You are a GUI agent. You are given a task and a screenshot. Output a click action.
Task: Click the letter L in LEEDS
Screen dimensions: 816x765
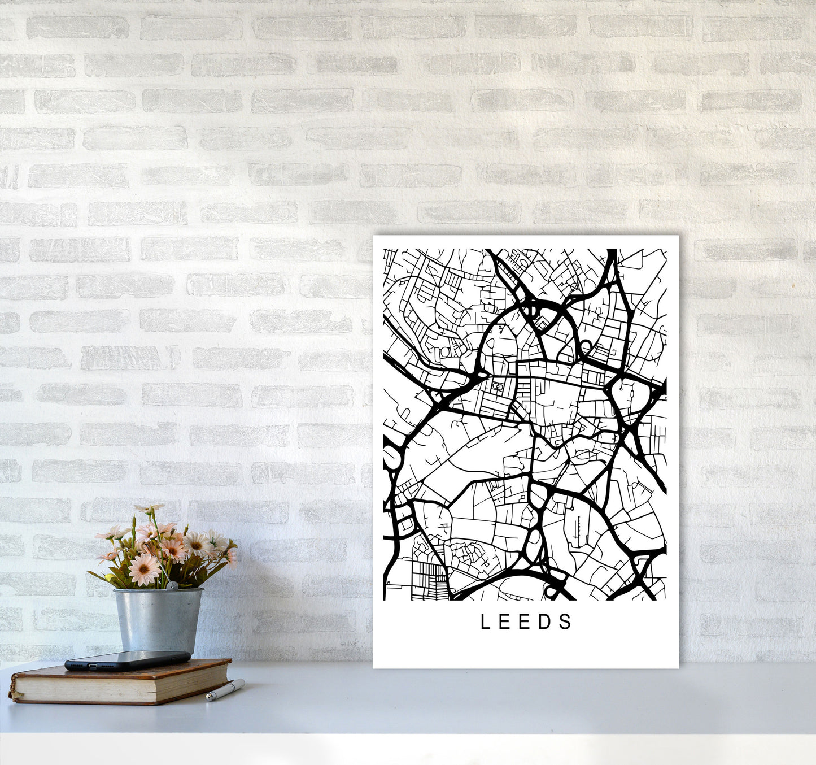[485, 622]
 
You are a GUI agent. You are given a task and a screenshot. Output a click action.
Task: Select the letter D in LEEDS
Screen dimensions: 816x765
[546, 622]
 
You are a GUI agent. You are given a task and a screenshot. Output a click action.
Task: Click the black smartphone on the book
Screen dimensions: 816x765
[128, 660]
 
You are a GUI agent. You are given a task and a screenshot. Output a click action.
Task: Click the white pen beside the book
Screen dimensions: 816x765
[225, 690]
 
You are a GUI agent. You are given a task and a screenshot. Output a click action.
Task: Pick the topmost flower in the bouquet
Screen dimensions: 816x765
[149, 509]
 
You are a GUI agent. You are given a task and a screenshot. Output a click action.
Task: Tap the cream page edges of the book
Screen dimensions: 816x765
[113, 685]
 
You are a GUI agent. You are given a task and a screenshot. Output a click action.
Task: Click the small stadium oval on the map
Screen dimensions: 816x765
[496, 386]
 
